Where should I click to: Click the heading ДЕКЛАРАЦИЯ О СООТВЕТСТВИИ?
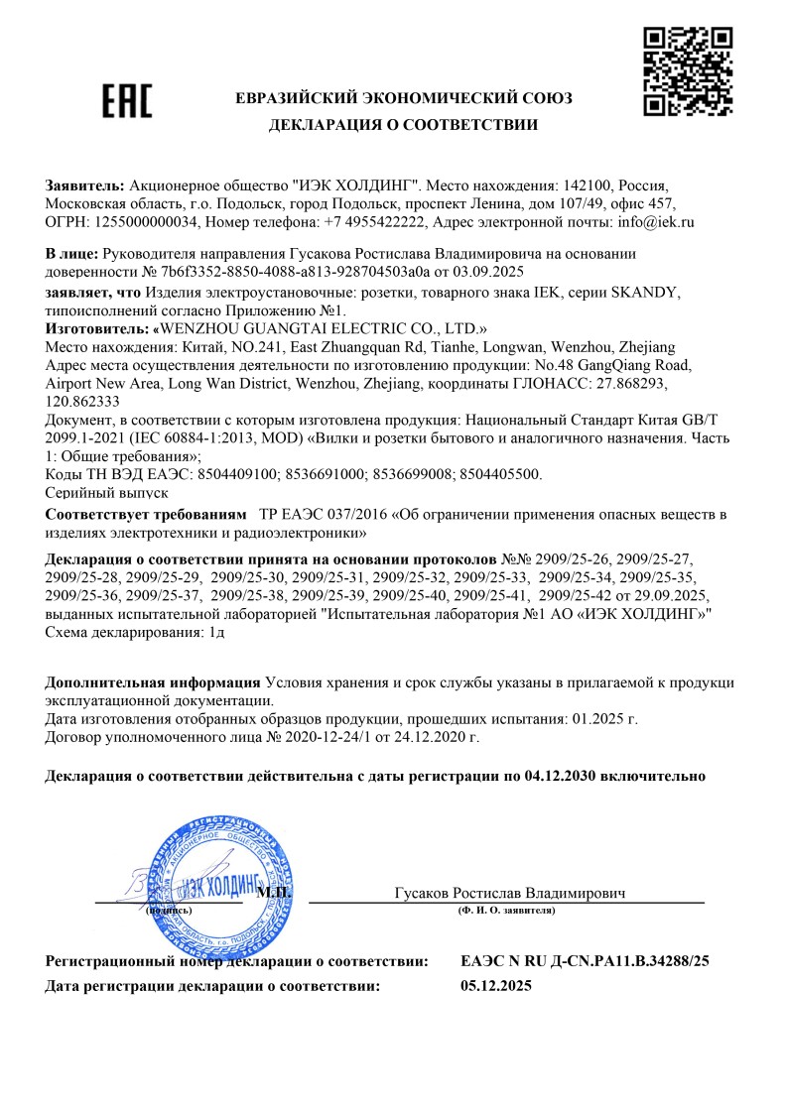(x=403, y=125)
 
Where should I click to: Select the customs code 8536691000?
(x=324, y=473)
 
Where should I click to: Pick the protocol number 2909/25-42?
(x=579, y=594)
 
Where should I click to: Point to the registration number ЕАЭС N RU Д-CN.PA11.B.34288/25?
(x=586, y=961)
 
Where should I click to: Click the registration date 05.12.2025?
(x=497, y=986)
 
